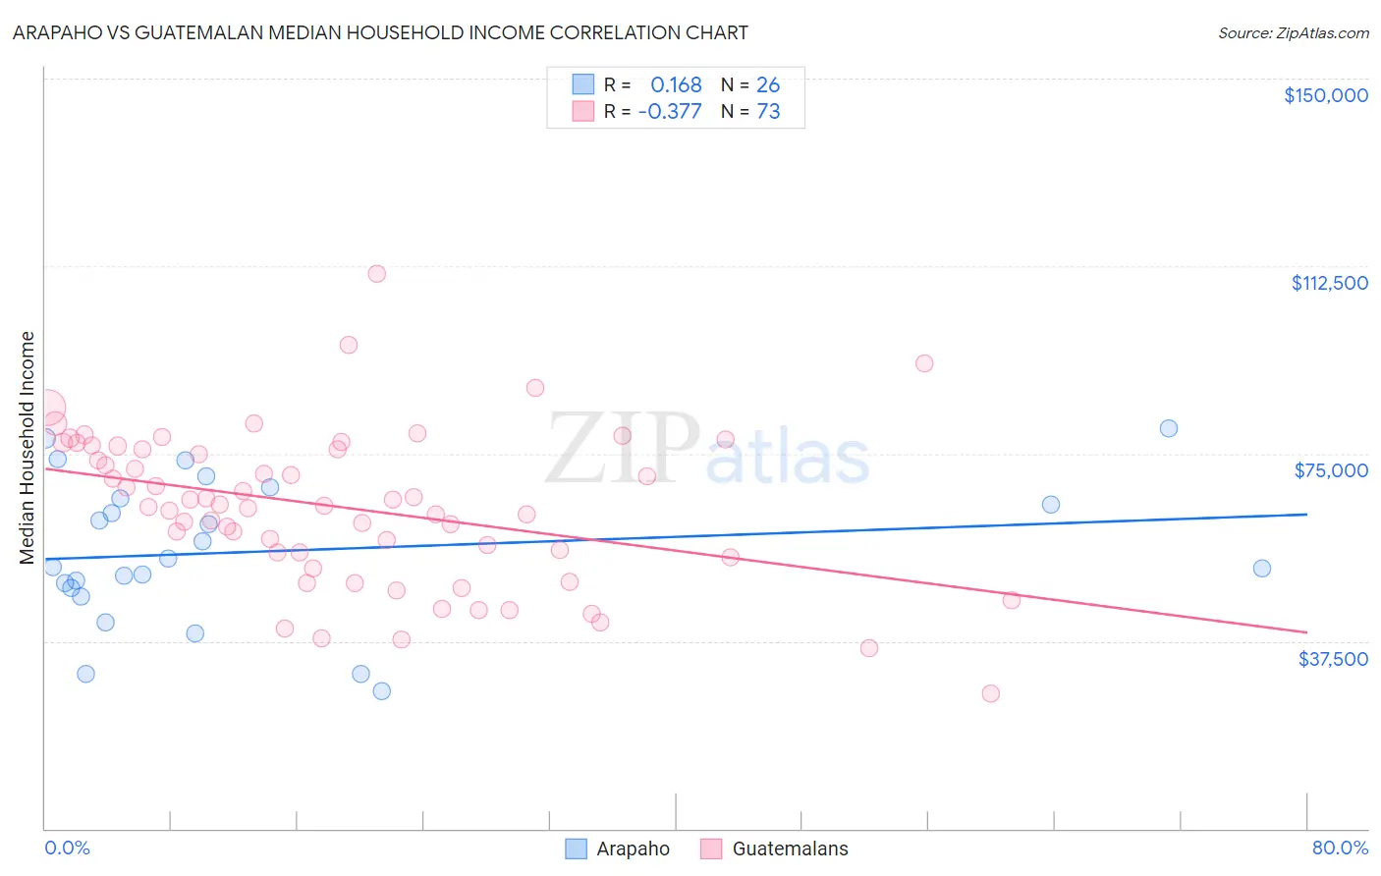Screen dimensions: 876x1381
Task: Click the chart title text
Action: pyautogui.click(x=380, y=32)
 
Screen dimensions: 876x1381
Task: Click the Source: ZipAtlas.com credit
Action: pyautogui.click(x=1293, y=33)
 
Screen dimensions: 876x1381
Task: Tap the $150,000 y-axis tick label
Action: pyautogui.click(x=1325, y=95)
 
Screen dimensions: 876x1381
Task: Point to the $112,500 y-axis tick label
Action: pyautogui.click(x=1329, y=283)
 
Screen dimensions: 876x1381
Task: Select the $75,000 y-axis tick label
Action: pyautogui.click(x=1331, y=470)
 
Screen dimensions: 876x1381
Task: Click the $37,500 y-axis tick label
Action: pyautogui.click(x=1332, y=659)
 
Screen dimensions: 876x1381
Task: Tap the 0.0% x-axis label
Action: pyautogui.click(x=67, y=848)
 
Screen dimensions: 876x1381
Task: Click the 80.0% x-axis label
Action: pyautogui.click(x=1340, y=848)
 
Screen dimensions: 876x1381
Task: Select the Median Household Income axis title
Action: pyautogui.click(x=27, y=448)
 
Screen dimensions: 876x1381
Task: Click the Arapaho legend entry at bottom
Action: pyautogui.click(x=632, y=849)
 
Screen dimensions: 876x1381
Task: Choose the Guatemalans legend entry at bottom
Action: pyautogui.click(x=789, y=849)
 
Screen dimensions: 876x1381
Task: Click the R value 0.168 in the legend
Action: pyautogui.click(x=676, y=84)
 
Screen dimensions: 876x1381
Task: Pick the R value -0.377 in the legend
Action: pyautogui.click(x=670, y=111)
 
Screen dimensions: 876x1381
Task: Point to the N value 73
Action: pyautogui.click(x=768, y=111)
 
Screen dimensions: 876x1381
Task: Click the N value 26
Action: pyautogui.click(x=768, y=84)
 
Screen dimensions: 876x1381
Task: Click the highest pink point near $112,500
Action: pyautogui.click(x=376, y=274)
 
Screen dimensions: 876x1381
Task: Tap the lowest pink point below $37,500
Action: pyautogui.click(x=990, y=693)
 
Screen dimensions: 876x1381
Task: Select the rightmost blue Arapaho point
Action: pyautogui.click(x=1262, y=568)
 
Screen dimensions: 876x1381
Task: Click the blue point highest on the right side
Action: pyautogui.click(x=1168, y=428)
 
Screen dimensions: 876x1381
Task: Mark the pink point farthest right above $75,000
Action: pyautogui.click(x=924, y=363)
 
